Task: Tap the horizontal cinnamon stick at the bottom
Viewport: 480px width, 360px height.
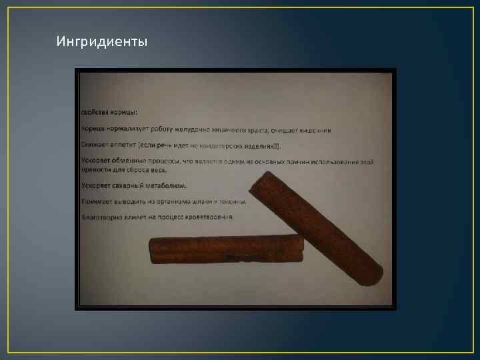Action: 227,249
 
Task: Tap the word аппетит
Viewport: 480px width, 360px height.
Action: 121,145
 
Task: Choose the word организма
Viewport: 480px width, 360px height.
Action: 173,201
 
